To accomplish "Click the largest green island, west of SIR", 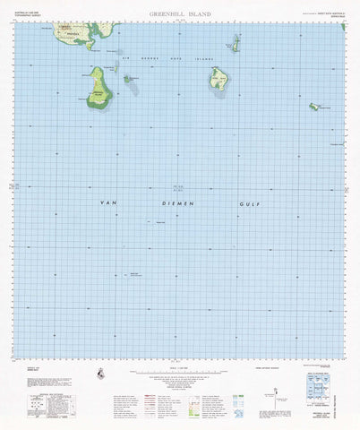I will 99,88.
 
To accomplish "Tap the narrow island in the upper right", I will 236,43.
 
